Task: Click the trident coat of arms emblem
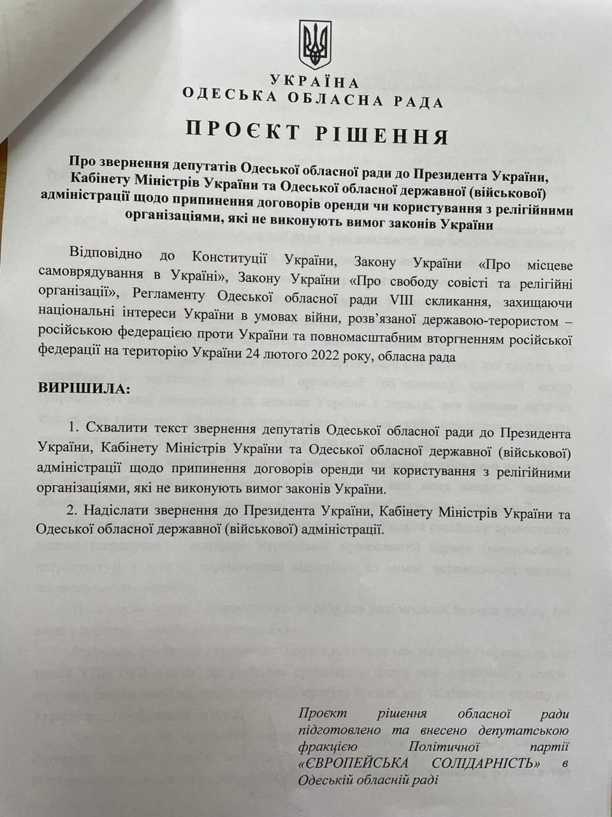tap(315, 43)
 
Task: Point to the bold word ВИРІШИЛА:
tap(83, 387)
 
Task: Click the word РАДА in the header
tap(417, 101)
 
